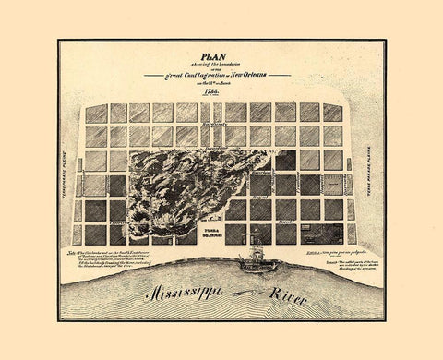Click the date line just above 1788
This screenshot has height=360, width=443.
[221, 82]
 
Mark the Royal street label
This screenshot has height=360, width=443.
[260, 196]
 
